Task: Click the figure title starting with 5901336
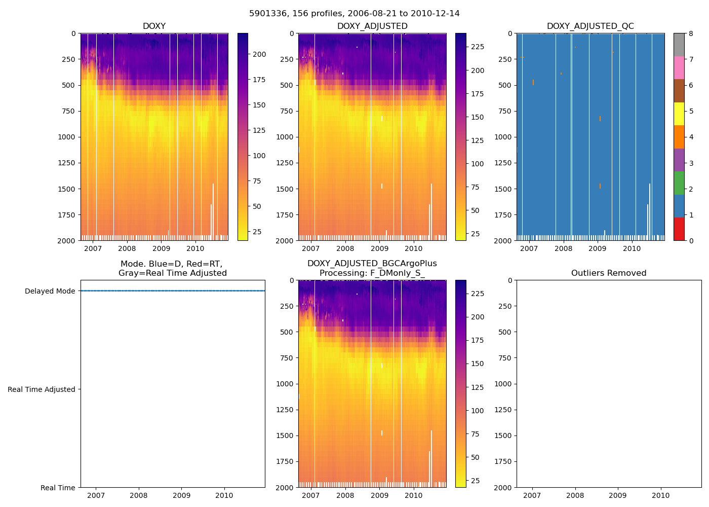tap(354, 14)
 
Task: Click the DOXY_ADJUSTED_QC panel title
tap(590, 26)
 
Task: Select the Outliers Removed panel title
tap(608, 273)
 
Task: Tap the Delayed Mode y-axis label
tap(50, 291)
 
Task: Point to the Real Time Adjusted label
tap(42, 389)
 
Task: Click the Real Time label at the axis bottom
tap(58, 488)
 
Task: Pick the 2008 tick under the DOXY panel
tap(127, 248)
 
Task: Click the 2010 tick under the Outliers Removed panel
tap(660, 495)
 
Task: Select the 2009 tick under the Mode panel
tap(181, 495)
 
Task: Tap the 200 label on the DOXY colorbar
tap(259, 54)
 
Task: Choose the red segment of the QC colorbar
tap(679, 229)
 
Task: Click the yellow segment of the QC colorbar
tap(679, 114)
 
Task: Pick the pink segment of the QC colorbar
tap(679, 67)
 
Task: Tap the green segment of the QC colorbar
tap(679, 183)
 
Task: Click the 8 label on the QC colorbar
tap(691, 33)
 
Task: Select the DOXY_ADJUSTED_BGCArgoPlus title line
tap(372, 264)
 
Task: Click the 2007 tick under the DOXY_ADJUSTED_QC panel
tap(529, 248)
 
